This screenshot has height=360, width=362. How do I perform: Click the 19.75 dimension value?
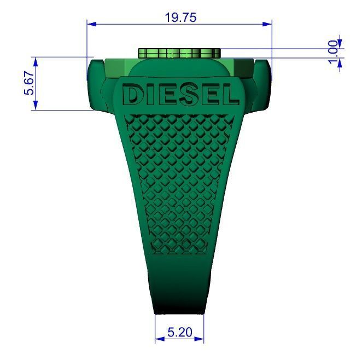(x=180, y=17)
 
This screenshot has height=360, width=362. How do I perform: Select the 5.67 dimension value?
(x=29, y=84)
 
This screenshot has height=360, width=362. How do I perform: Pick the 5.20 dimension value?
(x=179, y=332)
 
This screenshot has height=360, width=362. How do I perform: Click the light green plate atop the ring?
(x=179, y=53)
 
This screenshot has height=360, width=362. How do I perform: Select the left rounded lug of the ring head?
(x=95, y=85)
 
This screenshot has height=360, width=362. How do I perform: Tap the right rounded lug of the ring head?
(x=263, y=85)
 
